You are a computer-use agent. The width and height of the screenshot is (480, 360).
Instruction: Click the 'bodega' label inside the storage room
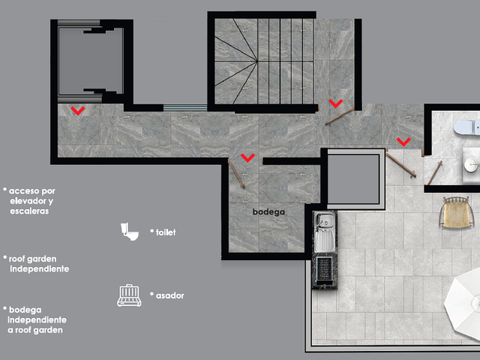pos(268,211)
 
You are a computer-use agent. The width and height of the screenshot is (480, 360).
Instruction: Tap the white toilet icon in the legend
pos(130,232)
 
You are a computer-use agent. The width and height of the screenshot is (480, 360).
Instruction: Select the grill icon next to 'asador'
pos(129,295)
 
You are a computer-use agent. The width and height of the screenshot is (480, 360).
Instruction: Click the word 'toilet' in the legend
pos(166,232)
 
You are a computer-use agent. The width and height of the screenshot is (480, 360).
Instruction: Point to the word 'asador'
pos(170,295)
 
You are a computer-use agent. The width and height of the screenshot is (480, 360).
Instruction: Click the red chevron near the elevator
pos(78,110)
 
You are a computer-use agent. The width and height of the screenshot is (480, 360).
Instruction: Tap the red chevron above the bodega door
pos(247,157)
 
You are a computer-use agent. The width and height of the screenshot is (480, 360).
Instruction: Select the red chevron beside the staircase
pos(336,103)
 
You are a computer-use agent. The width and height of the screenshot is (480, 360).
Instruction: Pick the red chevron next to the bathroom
pos(403,142)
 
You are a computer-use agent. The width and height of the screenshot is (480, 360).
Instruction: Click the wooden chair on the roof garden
pos(454,212)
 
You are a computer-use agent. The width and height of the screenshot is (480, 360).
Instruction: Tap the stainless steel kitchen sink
pos(325,232)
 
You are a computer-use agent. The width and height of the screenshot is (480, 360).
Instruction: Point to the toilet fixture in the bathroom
pos(466,127)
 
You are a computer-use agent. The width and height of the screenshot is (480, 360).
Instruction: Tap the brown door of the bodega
pos(237,174)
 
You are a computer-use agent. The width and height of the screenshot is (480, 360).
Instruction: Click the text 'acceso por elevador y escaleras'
pos(30,201)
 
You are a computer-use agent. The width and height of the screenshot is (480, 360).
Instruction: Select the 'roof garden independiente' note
pos(37,264)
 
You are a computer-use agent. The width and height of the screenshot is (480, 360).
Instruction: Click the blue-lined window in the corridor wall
pos(185,107)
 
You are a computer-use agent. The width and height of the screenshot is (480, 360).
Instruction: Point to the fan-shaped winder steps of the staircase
pos(235,61)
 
